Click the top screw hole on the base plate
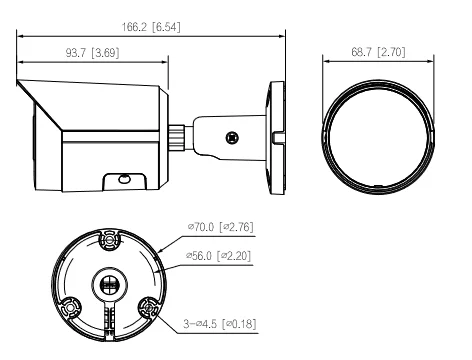click(108, 240)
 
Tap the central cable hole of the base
click(109, 283)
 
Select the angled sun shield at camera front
click(40, 110)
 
